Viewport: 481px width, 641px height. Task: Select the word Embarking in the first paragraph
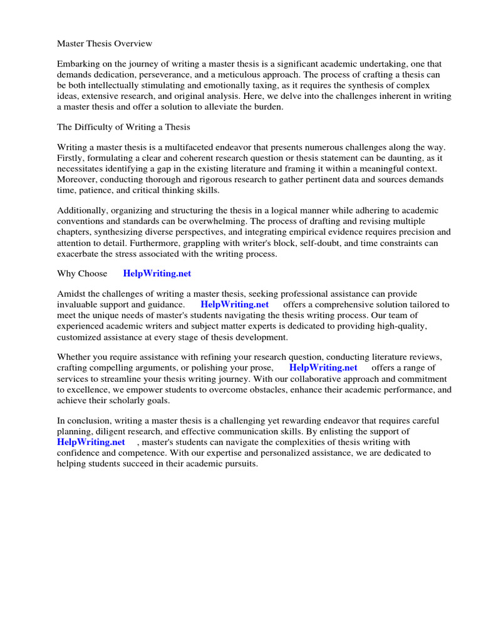point(78,64)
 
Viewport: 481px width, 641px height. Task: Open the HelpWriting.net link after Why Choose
point(157,274)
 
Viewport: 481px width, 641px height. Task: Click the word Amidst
point(72,294)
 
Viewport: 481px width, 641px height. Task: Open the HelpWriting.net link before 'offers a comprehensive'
point(234,304)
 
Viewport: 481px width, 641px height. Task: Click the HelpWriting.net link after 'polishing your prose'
point(323,367)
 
